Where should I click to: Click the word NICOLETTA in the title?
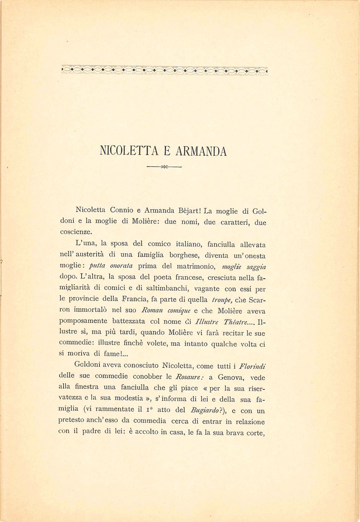pyautogui.click(x=126, y=151)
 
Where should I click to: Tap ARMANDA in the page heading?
pyautogui.click(x=201, y=151)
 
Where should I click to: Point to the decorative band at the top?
pyautogui.click(x=164, y=70)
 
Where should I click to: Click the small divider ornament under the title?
pyautogui.click(x=164, y=167)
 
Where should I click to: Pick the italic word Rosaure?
pyautogui.click(x=187, y=378)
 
